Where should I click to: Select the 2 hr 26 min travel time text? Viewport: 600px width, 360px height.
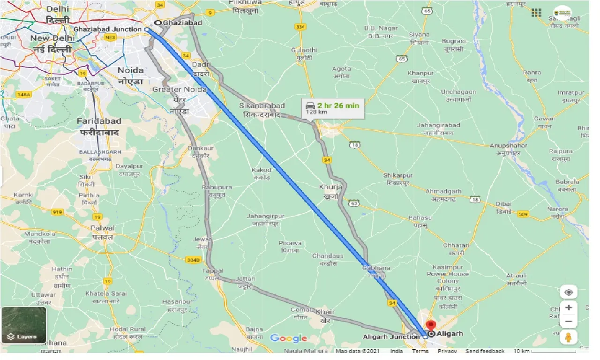click(x=338, y=105)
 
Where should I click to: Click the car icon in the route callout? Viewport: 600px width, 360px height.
click(x=310, y=106)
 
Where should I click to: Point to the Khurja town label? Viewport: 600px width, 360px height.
click(x=330, y=186)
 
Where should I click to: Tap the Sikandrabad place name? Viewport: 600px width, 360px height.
click(x=262, y=106)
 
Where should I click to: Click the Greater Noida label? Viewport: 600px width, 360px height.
click(x=180, y=90)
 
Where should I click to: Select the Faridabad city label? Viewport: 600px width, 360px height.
click(x=99, y=121)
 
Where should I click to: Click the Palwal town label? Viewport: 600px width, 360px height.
click(x=102, y=228)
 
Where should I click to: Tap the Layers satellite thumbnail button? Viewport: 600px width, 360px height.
click(x=24, y=324)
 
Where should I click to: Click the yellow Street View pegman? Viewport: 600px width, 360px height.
click(x=569, y=337)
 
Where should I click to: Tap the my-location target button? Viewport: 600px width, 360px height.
click(x=569, y=292)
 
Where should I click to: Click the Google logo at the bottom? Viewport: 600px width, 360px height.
click(x=288, y=338)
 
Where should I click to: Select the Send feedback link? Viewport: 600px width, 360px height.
click(x=485, y=351)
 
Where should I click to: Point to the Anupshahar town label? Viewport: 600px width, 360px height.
click(x=509, y=145)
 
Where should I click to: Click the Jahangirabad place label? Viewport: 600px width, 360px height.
click(x=438, y=125)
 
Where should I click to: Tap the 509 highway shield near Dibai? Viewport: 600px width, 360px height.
click(x=523, y=214)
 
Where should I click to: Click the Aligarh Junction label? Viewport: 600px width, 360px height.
click(x=391, y=337)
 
